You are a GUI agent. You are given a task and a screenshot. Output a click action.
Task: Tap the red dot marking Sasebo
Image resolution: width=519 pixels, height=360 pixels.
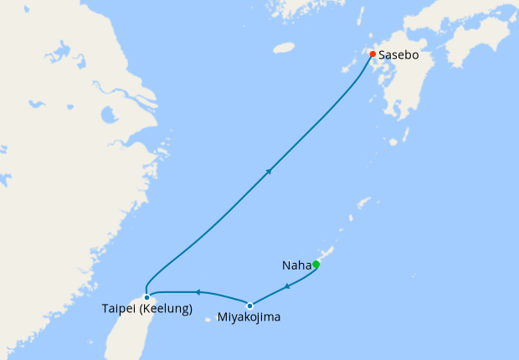[x=373, y=55]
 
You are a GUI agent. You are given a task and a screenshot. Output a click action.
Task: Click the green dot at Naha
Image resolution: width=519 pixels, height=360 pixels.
[x=316, y=265]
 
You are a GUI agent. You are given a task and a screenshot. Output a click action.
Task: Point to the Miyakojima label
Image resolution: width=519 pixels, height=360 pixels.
[x=249, y=318]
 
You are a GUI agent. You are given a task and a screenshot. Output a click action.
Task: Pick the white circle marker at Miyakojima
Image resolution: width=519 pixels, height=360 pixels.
[x=249, y=306]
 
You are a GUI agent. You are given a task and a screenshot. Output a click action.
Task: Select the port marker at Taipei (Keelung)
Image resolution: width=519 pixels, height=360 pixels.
[x=146, y=296]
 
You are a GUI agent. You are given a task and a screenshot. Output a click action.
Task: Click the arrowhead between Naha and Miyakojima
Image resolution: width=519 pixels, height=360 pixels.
[x=287, y=286]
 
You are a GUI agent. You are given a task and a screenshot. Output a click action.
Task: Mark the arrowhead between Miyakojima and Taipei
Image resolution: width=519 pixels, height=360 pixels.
[x=196, y=292]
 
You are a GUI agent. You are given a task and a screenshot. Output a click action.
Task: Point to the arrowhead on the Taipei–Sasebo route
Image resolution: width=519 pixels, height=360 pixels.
[x=269, y=171]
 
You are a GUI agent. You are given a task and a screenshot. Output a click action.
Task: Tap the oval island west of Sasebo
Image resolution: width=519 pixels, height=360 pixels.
[x=284, y=48]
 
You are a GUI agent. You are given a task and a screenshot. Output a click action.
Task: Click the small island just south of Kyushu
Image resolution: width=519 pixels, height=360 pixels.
[x=393, y=141]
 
